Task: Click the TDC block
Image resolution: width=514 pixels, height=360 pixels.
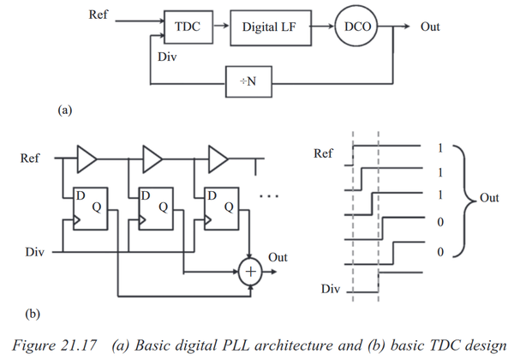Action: [188, 27]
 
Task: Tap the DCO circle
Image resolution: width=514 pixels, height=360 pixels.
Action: [354, 27]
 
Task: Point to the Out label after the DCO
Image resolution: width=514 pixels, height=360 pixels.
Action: [430, 27]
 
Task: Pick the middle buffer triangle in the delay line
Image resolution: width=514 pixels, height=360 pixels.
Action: [152, 159]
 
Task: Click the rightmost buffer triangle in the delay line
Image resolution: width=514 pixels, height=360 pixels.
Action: [217, 159]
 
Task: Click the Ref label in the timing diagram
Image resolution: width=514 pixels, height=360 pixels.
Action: [323, 153]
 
